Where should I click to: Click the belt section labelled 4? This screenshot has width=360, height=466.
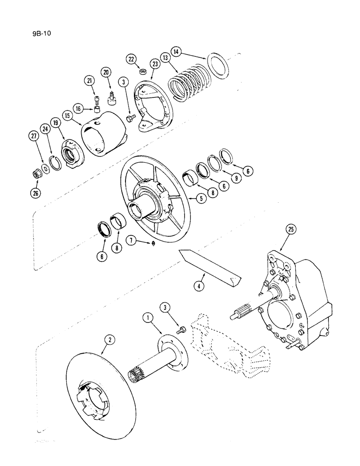pyautogui.click(x=210, y=267)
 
